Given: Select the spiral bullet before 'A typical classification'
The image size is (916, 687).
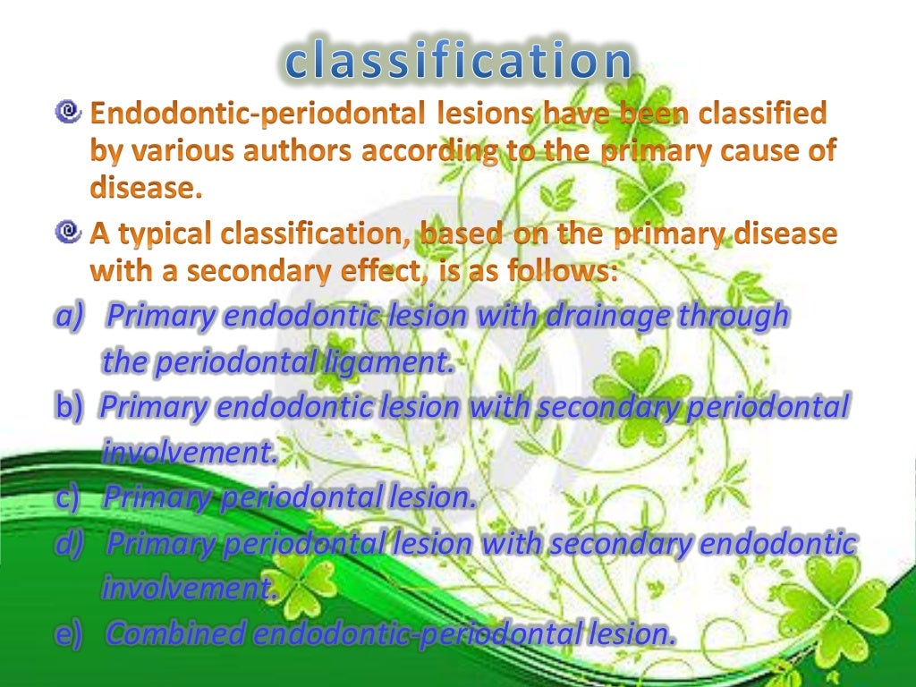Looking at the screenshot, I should point(67,233).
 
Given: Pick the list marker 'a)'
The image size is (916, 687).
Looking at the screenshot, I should point(69,316).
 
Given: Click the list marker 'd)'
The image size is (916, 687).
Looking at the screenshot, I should point(69,543).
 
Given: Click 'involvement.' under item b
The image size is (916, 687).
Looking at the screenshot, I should point(189,452).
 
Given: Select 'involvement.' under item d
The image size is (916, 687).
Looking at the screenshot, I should point(189,589).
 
